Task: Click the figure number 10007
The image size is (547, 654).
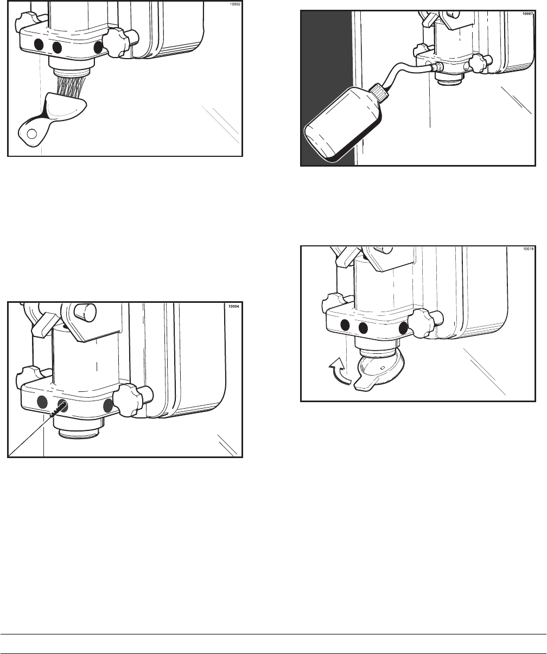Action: coord(528,14)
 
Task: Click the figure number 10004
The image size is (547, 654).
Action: coord(234,306)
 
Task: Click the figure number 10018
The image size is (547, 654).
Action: coord(528,249)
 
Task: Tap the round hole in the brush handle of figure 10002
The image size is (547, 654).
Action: coord(31,134)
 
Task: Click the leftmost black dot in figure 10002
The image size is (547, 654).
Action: coord(39,45)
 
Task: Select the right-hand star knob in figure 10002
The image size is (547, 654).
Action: coord(116,42)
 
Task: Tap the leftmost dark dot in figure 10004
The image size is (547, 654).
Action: coord(42,402)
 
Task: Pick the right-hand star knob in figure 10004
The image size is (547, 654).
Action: coord(126,401)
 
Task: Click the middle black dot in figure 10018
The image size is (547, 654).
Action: coord(363,328)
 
